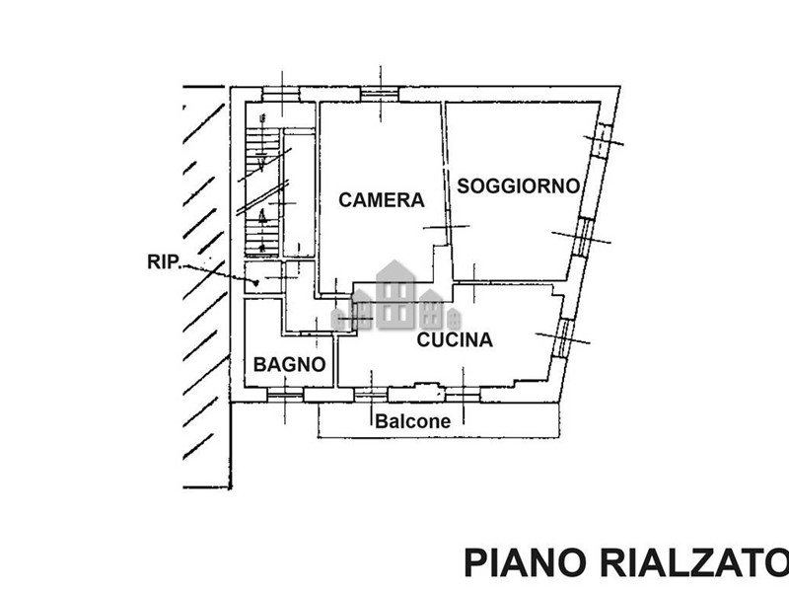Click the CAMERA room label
381,200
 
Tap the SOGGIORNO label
517,185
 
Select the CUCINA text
454,340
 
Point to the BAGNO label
289,364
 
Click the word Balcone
412,421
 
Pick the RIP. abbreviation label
163,261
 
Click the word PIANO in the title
521,563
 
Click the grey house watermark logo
395,296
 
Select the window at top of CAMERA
379,95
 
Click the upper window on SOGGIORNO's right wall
600,143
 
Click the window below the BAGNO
284,395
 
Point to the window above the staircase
281,95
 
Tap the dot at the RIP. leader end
256,283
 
